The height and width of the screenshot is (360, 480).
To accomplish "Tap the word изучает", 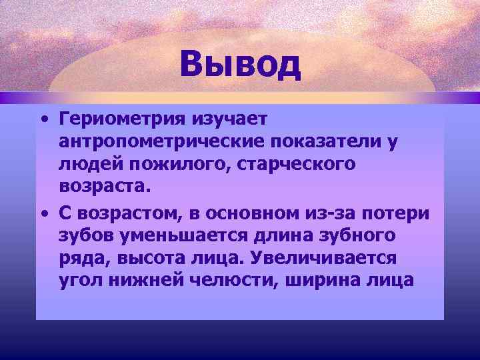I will point(229,121).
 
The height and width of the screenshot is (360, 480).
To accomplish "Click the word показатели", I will point(326,143).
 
